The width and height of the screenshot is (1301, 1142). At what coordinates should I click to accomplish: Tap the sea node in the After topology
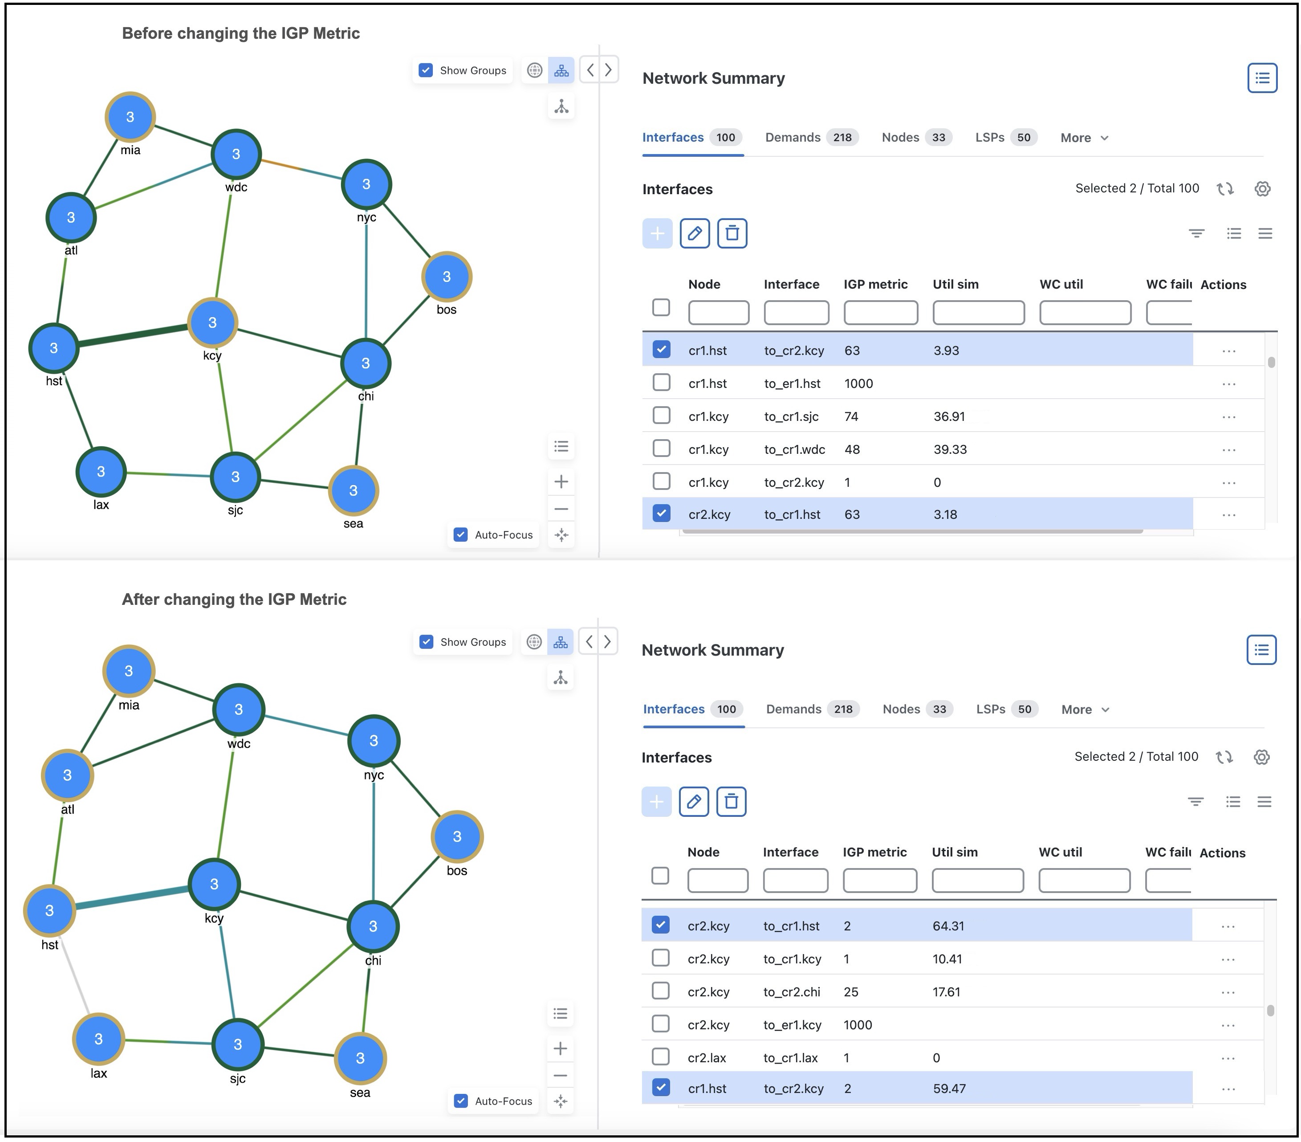(360, 1058)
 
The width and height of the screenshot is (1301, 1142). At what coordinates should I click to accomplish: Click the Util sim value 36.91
(949, 416)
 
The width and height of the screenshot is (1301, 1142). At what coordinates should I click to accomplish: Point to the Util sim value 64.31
(948, 926)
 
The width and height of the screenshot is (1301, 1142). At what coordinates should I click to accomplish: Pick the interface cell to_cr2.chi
(791, 992)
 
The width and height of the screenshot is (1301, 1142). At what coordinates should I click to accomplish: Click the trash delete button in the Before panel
(732, 234)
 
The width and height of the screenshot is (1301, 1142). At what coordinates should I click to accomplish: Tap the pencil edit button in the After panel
(694, 801)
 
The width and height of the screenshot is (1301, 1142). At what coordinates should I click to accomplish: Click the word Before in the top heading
(147, 33)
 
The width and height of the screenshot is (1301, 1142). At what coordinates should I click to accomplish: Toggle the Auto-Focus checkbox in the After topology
(461, 1101)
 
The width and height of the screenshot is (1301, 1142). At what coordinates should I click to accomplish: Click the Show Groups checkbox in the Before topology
(426, 70)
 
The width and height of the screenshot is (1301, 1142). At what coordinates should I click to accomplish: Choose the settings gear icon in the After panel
(1261, 757)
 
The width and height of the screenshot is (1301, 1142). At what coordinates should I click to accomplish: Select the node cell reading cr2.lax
(707, 1057)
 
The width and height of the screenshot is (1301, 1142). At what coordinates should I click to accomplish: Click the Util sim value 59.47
(949, 1089)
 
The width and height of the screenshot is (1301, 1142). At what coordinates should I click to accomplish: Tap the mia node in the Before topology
(130, 117)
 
